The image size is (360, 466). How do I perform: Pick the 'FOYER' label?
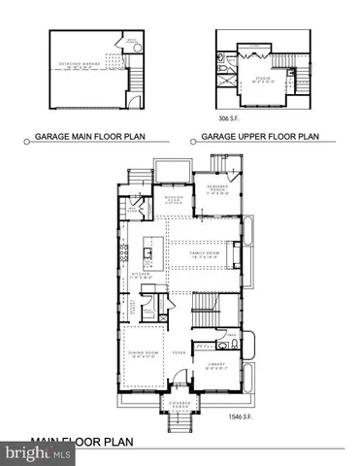click(x=178, y=353)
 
